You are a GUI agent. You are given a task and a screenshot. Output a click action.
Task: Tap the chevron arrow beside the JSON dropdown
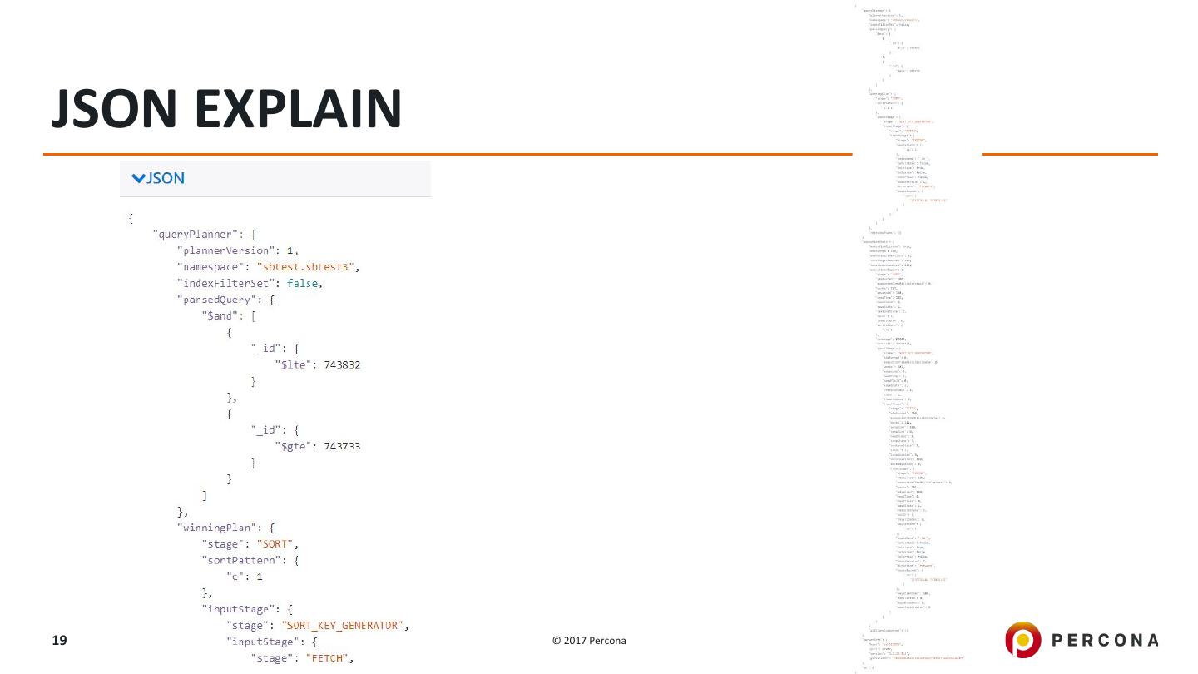point(138,178)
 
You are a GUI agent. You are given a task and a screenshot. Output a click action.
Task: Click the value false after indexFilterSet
point(304,283)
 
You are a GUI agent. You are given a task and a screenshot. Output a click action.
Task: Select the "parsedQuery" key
point(213,300)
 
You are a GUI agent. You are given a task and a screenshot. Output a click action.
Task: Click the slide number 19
point(59,640)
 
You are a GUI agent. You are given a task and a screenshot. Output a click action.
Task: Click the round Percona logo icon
point(1022,640)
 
